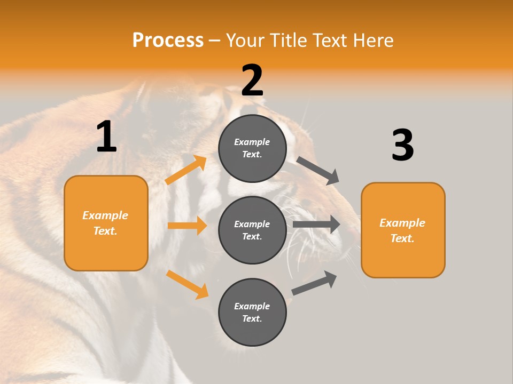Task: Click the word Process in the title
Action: click(x=168, y=40)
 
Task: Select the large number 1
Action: click(x=106, y=137)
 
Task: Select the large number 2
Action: click(x=252, y=81)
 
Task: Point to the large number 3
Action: click(x=402, y=146)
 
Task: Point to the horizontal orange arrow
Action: click(x=187, y=226)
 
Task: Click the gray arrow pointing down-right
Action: click(x=318, y=170)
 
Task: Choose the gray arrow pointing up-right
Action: click(x=314, y=283)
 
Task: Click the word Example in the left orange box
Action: click(x=105, y=215)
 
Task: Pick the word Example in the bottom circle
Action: click(x=252, y=306)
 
